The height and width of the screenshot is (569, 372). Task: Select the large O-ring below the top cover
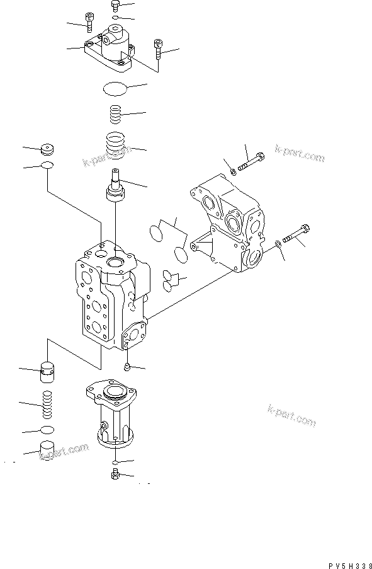(x=116, y=89)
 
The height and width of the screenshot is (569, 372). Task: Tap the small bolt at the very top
(x=115, y=6)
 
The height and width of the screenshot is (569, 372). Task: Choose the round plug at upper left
(x=47, y=151)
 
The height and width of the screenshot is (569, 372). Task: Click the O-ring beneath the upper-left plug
(x=47, y=166)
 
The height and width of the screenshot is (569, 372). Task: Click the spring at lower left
(x=47, y=404)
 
